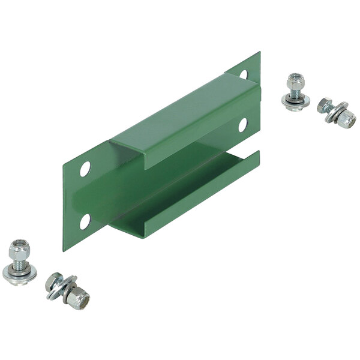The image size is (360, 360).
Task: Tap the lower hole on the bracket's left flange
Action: [x=85, y=221]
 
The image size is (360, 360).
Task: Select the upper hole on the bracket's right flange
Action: [x=243, y=74]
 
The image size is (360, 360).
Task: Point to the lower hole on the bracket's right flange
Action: [x=242, y=125]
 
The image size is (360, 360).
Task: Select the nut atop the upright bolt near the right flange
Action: [x=293, y=80]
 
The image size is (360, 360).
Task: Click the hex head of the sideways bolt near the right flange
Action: [x=325, y=106]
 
